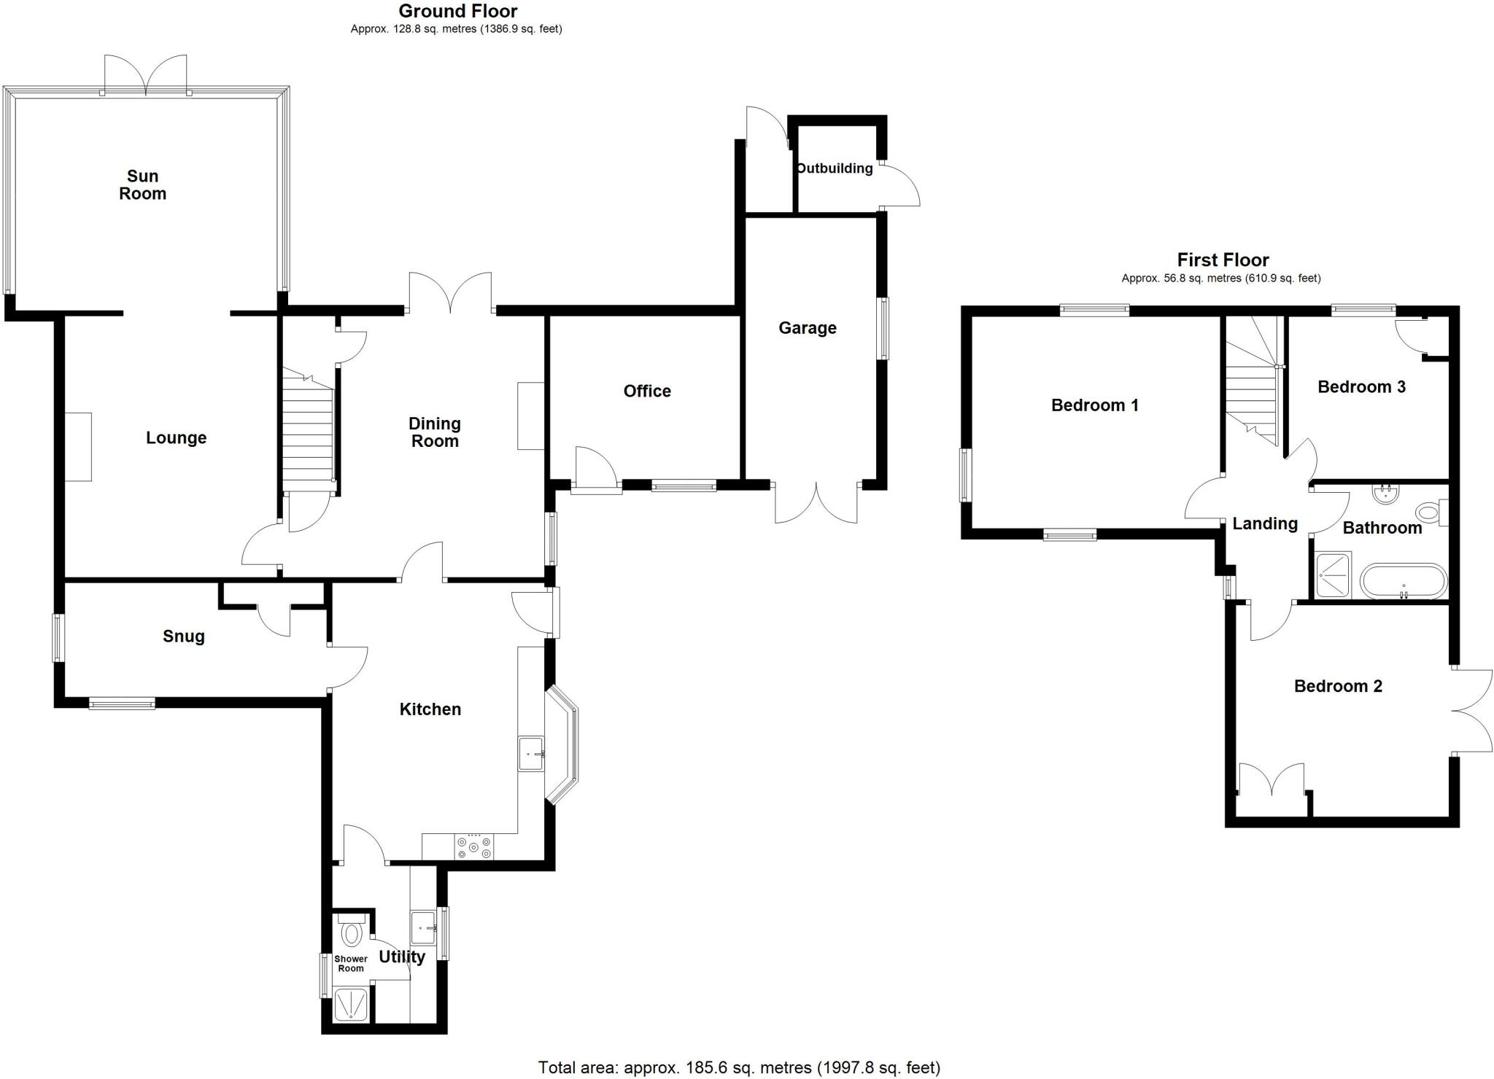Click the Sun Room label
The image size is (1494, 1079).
[x=142, y=184]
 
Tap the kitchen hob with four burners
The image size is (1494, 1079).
[x=474, y=846]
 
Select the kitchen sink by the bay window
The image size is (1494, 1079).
[x=531, y=753]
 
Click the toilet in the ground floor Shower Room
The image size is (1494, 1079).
[x=352, y=932]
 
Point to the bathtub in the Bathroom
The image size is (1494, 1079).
[x=1403, y=581]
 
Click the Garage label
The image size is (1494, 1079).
[x=807, y=328]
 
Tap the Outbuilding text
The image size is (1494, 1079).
[x=835, y=168]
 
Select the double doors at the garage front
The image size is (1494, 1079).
[x=816, y=503]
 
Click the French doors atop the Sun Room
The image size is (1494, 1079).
[x=146, y=74]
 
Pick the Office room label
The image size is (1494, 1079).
[x=647, y=392]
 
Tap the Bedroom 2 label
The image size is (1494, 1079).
[x=1338, y=686]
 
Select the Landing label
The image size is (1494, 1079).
[x=1265, y=523]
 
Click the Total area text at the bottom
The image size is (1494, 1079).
[x=739, y=1067]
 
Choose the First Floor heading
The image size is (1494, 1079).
[x=1223, y=260]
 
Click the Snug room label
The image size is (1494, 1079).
[x=184, y=636]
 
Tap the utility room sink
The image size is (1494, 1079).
[x=423, y=927]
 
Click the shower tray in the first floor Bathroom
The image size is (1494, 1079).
[x=1334, y=575]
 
